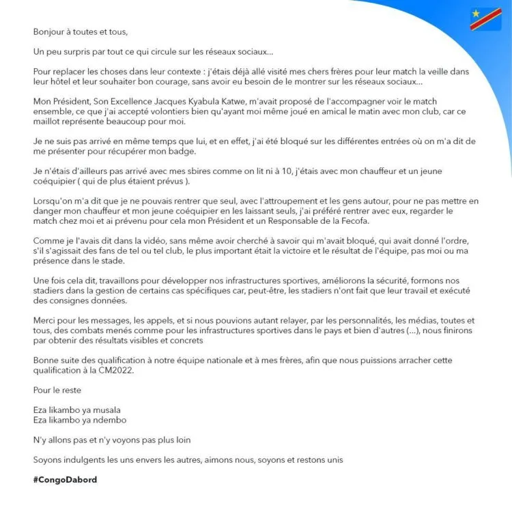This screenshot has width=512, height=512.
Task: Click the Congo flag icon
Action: tap(486, 19)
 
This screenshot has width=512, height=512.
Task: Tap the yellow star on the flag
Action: tap(476, 14)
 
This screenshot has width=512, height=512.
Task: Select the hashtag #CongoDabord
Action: tap(65, 480)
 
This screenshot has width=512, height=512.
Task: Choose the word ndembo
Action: tap(109, 420)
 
